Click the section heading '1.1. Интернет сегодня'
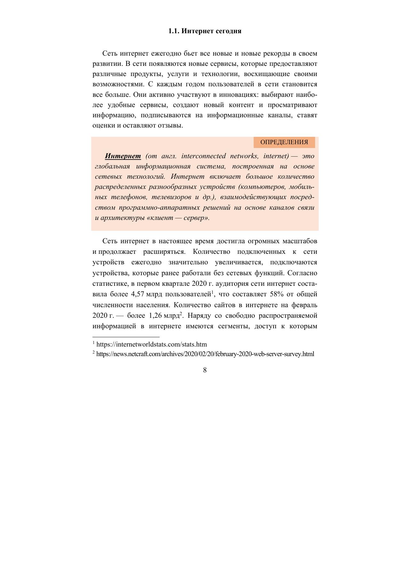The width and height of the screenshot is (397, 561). pyautogui.click(x=205, y=31)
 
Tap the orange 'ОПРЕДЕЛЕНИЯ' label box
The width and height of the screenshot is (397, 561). pyautogui.click(x=284, y=142)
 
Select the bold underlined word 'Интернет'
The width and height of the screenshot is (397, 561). pyautogui.click(x=123, y=156)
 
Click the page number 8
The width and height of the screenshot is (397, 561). pyautogui.click(x=205, y=370)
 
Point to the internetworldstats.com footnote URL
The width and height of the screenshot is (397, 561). pyautogui.click(x=151, y=345)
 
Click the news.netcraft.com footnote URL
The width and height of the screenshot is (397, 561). pyautogui.click(x=205, y=354)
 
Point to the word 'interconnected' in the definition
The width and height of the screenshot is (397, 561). pyautogui.click(x=203, y=156)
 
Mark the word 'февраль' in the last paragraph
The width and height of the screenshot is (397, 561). pyautogui.click(x=305, y=305)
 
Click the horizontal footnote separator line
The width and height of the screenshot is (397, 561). pyautogui.click(x=126, y=337)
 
